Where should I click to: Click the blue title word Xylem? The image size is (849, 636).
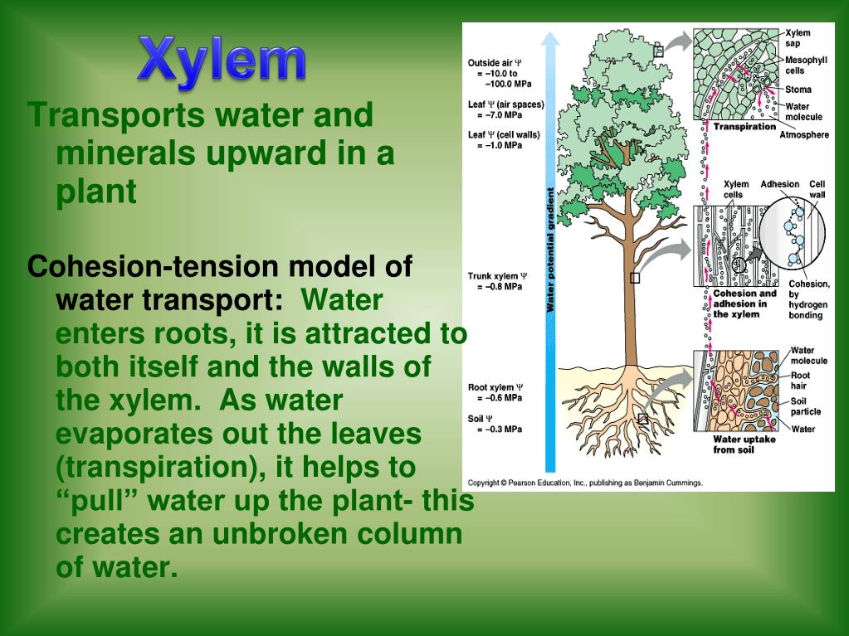pyautogui.click(x=222, y=60)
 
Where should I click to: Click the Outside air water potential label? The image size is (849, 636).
pyautogui.click(x=495, y=62)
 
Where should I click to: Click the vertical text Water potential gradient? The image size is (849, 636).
pyautogui.click(x=549, y=250)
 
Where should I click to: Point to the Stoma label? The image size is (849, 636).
pyautogui.click(x=798, y=90)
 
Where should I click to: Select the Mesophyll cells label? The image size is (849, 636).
pyautogui.click(x=805, y=66)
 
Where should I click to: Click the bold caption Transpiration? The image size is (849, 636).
pyautogui.click(x=744, y=127)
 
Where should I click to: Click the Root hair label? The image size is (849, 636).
pyautogui.click(x=800, y=381)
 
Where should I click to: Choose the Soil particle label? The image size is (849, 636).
pyautogui.click(x=805, y=405)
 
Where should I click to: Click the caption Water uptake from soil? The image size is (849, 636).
pyautogui.click(x=744, y=444)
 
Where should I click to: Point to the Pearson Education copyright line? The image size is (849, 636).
pyautogui.click(x=585, y=482)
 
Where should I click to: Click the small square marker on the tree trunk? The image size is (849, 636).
pyautogui.click(x=635, y=279)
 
